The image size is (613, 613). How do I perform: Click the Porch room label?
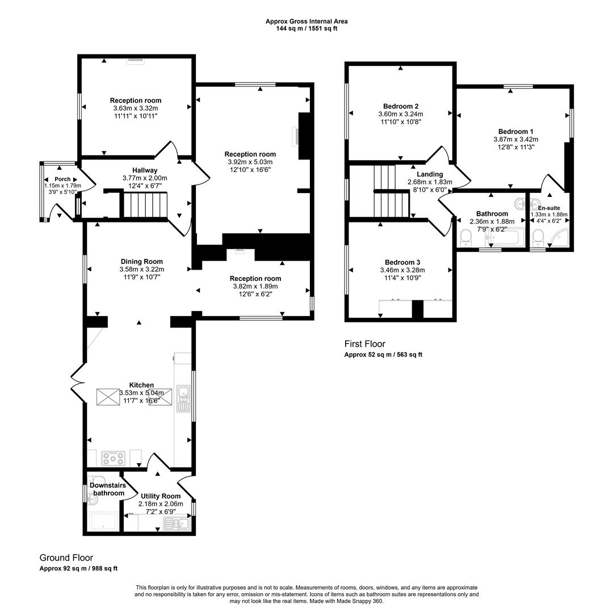coord(62,179)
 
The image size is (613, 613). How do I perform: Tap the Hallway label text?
coord(145,170)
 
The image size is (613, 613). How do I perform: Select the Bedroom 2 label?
coord(401,106)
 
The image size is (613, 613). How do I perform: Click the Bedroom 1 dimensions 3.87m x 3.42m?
coord(515,139)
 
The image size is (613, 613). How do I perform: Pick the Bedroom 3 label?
coord(402,262)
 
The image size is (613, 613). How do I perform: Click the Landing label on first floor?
coord(429,174)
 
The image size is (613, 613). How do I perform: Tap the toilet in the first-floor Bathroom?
coord(466,237)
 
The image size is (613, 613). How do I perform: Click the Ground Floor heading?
coord(66,558)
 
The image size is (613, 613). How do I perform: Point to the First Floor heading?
coord(364,344)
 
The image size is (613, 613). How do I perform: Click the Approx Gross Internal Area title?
coord(306,22)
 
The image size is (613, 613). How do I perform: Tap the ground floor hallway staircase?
coord(146,204)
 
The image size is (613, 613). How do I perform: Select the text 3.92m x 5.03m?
coord(250,162)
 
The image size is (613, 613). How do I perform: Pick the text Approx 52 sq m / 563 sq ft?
coord(383,355)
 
